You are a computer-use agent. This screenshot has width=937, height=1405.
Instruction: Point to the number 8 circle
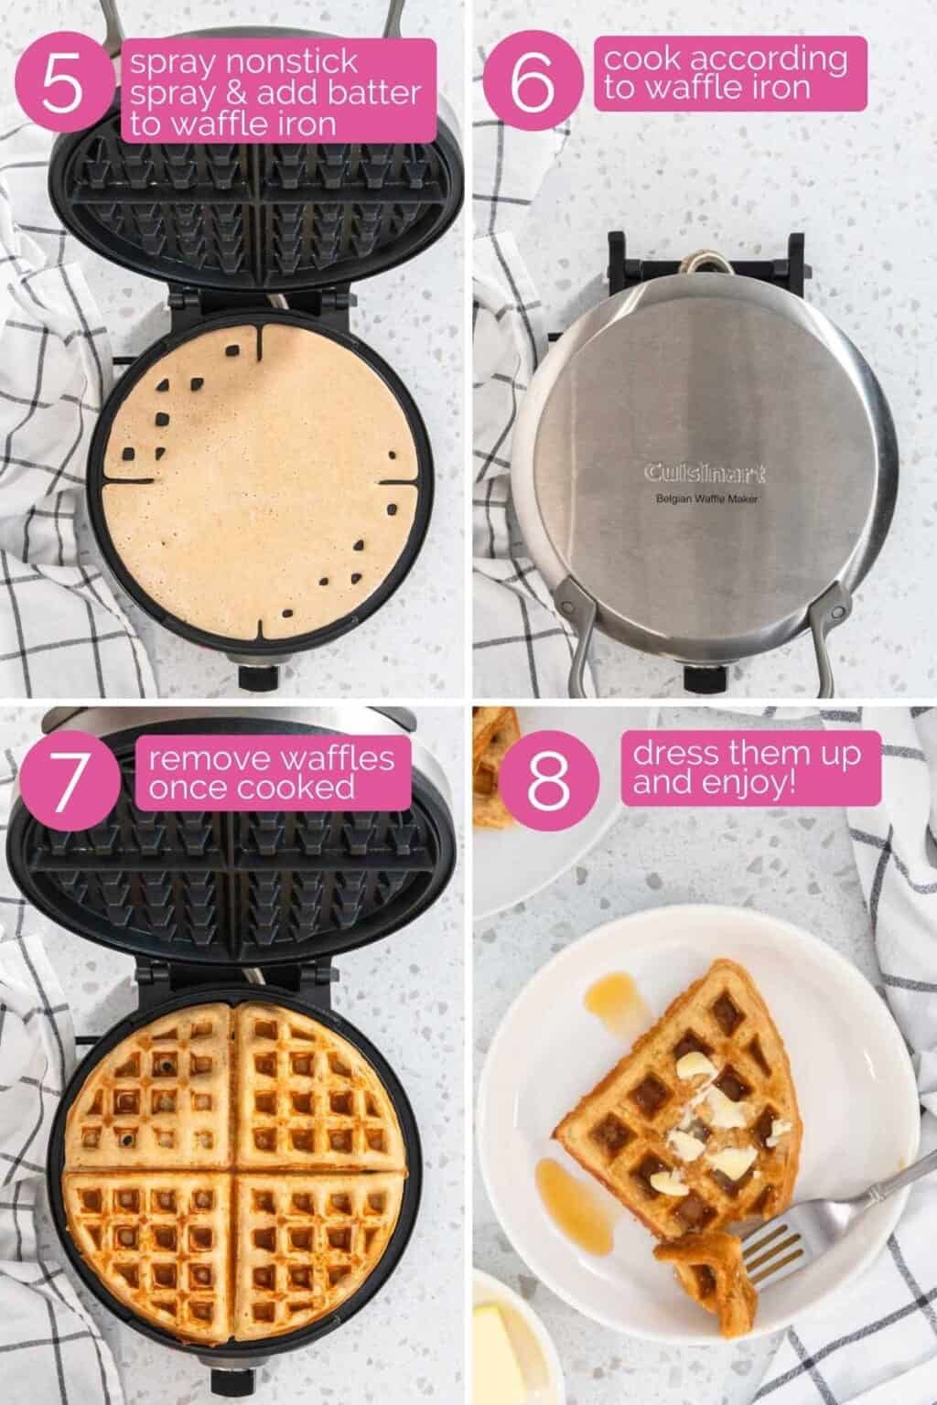tap(548, 780)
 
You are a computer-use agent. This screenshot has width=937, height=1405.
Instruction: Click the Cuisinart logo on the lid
tap(705, 474)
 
